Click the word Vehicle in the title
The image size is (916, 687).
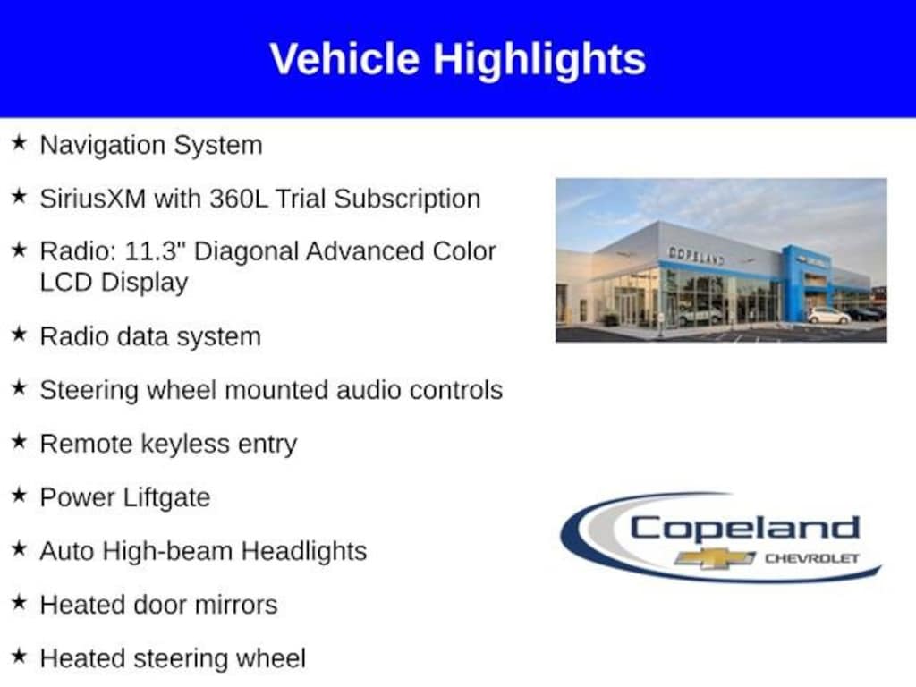pos(344,59)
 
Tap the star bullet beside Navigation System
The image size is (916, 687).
pos(19,142)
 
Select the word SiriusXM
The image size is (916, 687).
pos(93,199)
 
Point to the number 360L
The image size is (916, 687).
pos(238,199)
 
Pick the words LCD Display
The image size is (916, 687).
pos(114,283)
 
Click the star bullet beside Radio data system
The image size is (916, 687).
pos(19,334)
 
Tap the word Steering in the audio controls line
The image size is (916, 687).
pos(89,391)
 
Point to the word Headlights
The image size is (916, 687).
pos(304,551)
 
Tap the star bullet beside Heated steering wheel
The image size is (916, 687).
pos(19,656)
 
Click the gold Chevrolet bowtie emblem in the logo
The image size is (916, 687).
pos(715,558)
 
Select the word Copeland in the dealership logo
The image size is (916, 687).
pos(745,529)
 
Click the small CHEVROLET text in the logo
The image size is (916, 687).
pos(812,558)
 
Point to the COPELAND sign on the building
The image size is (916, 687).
pos(696,256)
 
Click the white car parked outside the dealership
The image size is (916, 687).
pos(828,316)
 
